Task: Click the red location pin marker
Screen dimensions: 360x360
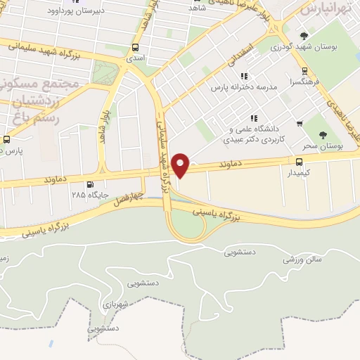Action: click(x=181, y=165)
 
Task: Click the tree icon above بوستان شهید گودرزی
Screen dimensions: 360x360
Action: click(x=304, y=36)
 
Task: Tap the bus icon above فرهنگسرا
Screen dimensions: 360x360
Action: click(x=304, y=71)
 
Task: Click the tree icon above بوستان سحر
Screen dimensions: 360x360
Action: click(x=324, y=134)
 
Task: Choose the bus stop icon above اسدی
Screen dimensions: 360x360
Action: click(x=135, y=48)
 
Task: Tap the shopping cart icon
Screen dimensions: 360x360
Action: click(x=300, y=124)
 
